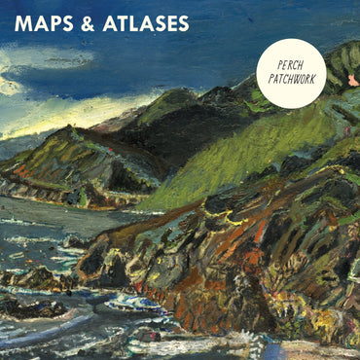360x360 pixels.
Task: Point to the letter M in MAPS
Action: click(x=22, y=23)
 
